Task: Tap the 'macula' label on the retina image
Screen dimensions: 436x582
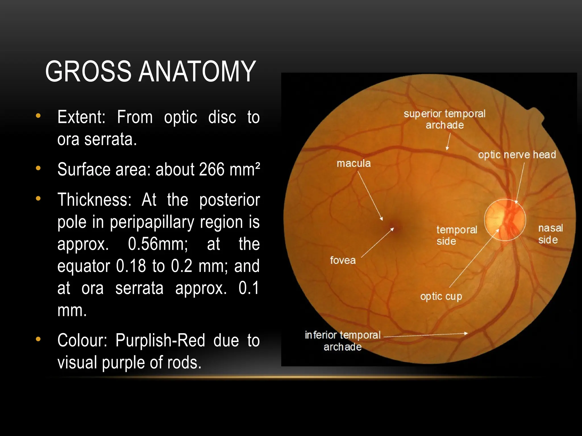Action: click(x=354, y=163)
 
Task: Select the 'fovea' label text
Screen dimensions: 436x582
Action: click(x=343, y=260)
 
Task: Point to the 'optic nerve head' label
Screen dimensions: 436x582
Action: click(x=517, y=155)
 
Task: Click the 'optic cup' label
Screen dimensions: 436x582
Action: click(x=441, y=296)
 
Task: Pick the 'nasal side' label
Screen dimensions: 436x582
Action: click(x=550, y=234)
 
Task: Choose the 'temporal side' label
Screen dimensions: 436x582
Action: click(x=456, y=235)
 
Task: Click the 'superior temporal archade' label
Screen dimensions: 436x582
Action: click(x=444, y=119)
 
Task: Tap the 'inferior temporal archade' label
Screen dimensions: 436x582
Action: click(x=342, y=341)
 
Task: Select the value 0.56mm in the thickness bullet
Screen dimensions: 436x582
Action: click(x=158, y=244)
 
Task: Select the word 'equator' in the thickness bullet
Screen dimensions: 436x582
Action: click(x=84, y=266)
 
